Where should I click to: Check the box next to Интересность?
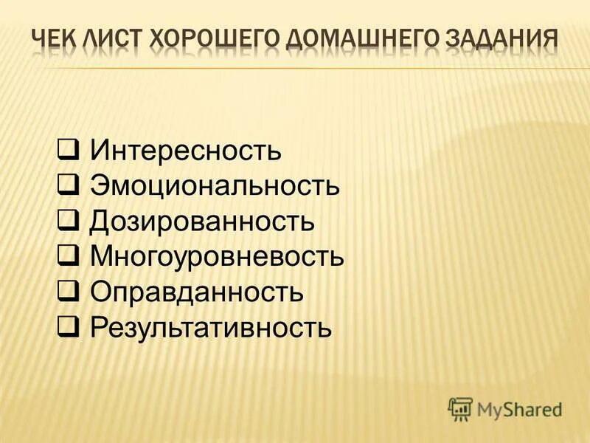pyautogui.click(x=69, y=151)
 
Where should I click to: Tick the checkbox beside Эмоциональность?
pyautogui.click(x=69, y=186)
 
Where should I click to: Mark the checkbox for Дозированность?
pyautogui.click(x=69, y=221)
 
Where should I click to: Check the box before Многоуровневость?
pyautogui.click(x=69, y=257)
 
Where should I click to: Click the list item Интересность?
pyautogui.click(x=186, y=151)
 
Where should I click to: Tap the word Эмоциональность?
pyautogui.click(x=215, y=186)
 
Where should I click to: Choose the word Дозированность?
pyautogui.click(x=202, y=221)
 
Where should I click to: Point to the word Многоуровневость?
pyautogui.click(x=217, y=257)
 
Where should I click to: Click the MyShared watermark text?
pyautogui.click(x=519, y=408)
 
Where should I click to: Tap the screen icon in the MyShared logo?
pyautogui.click(x=460, y=408)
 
